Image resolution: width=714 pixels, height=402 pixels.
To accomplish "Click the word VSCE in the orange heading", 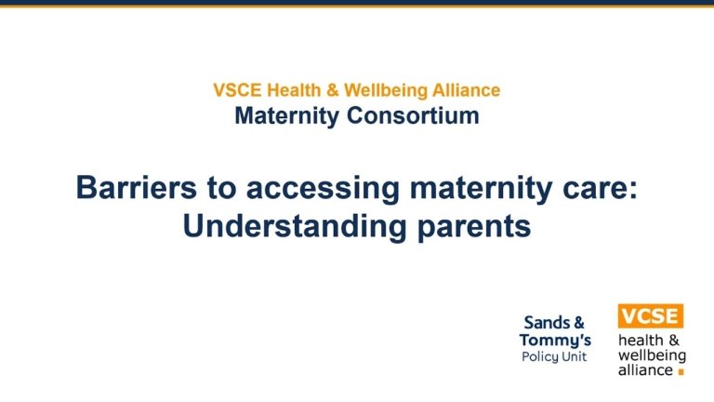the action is click(x=237, y=90).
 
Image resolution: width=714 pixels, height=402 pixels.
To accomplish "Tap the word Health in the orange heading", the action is click(x=294, y=90).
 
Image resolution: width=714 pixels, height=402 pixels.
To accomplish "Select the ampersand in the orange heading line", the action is click(x=333, y=90).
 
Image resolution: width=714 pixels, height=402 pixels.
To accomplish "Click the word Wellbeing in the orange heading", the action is click(x=386, y=90).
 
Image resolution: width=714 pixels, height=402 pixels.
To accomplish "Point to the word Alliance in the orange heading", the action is click(x=467, y=90).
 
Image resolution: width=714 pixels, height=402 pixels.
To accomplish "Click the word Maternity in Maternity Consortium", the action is click(x=287, y=115).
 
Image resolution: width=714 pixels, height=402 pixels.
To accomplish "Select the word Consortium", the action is click(x=413, y=115).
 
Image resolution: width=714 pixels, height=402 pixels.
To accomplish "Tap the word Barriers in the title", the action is click(x=136, y=187).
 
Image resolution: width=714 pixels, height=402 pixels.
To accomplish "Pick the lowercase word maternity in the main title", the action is click(x=481, y=189).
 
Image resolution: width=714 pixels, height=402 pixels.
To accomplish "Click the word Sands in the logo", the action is click(x=547, y=323).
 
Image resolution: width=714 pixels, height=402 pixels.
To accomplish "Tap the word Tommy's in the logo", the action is click(x=555, y=341).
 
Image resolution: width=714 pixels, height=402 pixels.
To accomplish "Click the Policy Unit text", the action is click(x=554, y=357).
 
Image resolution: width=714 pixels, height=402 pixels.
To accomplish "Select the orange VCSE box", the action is click(x=651, y=315).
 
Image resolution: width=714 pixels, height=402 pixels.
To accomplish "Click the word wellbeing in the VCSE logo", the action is click(x=652, y=355).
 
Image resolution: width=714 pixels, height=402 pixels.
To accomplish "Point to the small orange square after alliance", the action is click(x=681, y=372).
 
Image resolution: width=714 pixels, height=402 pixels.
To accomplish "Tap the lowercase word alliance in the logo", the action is click(x=645, y=369).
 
